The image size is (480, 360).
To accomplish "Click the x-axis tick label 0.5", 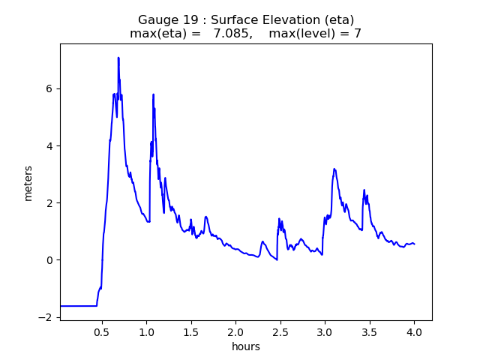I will point(102,331).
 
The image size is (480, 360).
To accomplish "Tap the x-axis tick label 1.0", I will point(146,331).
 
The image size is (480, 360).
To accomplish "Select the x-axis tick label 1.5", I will point(191,331).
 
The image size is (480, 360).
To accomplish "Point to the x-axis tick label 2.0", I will point(235,331).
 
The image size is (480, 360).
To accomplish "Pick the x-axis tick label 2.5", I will point(280,331).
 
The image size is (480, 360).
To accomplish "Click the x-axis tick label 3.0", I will point(325,331).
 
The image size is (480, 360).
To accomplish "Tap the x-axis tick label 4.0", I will point(414,331).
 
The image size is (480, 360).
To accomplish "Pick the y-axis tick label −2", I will point(47,317).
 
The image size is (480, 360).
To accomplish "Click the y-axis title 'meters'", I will point(28,182).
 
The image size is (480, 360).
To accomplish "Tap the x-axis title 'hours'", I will point(246,347).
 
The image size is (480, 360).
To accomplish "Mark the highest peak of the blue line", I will point(118,58).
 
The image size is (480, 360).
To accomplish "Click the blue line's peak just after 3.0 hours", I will point(334,169).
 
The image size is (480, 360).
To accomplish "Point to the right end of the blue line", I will point(414,244).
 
